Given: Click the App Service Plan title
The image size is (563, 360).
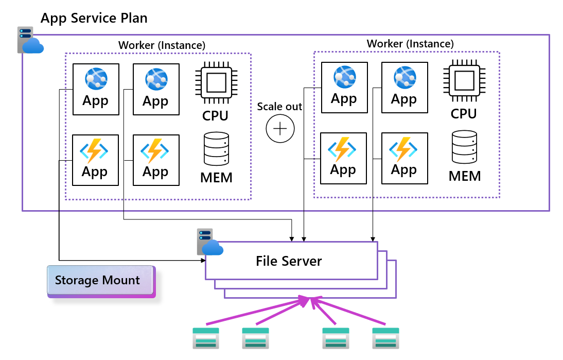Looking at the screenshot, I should point(94,19).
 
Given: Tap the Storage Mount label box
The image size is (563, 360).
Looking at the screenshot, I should point(101,281).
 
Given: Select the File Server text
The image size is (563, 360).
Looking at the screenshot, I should point(289,261).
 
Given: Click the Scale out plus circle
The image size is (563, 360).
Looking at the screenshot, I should point(280,128).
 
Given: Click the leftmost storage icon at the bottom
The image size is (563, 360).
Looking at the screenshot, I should point(206,338).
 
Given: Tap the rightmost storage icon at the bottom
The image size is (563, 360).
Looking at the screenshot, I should point(385,338).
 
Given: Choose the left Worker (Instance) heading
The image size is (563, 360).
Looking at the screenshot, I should point(162,45).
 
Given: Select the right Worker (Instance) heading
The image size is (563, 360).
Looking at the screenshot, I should point(410,44).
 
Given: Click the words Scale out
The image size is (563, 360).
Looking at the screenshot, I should point(279,106).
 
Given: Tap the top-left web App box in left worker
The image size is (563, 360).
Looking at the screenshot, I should point(96,89).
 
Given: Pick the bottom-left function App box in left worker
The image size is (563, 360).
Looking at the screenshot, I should point(96,160).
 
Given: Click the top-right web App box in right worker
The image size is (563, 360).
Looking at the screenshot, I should point(404,88).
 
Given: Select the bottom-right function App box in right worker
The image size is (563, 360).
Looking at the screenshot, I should point(404,158).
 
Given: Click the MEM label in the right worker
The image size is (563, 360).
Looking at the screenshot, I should point(465,176).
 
